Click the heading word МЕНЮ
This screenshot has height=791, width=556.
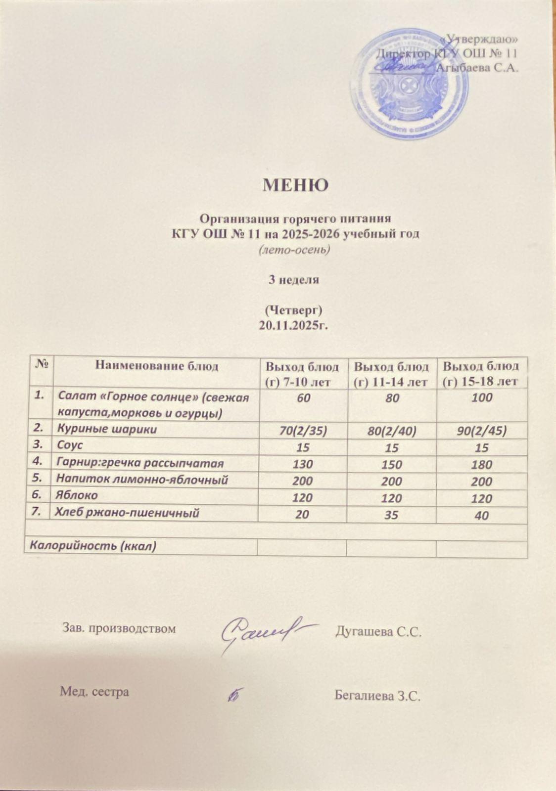(295, 185)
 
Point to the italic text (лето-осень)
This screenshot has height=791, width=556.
(294, 250)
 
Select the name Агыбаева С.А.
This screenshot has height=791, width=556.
(478, 68)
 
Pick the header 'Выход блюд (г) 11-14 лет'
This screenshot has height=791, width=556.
(391, 374)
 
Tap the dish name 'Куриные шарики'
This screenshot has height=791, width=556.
(107, 429)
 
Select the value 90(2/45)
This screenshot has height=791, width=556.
(481, 431)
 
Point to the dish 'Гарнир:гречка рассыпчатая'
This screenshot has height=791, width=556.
(140, 463)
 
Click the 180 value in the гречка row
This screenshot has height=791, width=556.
(481, 465)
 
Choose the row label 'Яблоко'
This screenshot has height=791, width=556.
(77, 495)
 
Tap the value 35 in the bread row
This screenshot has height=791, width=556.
(391, 515)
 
